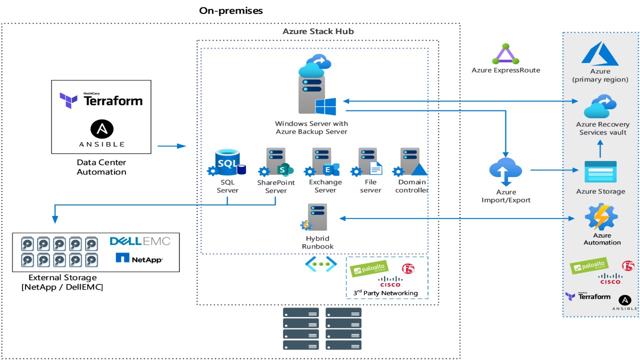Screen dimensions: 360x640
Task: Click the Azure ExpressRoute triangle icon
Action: tap(505, 54)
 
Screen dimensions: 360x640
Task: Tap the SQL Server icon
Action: tap(228, 162)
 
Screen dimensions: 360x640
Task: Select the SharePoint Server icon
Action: tap(276, 162)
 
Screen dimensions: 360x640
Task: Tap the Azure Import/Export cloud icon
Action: tap(505, 171)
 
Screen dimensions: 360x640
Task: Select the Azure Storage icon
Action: tap(600, 172)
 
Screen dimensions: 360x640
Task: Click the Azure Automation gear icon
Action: tap(601, 216)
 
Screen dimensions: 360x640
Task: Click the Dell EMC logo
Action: tap(140, 241)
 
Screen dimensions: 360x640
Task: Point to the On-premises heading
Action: tap(231, 10)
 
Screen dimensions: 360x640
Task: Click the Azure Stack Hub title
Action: tap(318, 31)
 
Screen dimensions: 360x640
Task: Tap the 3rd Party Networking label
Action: tap(386, 292)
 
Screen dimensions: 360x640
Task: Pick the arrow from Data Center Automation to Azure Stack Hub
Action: tap(171, 146)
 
